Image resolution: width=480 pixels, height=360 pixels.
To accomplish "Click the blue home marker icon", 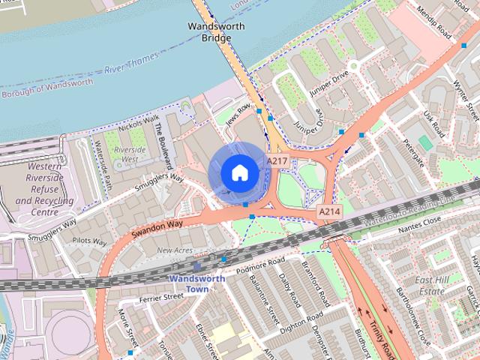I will (x=239, y=173).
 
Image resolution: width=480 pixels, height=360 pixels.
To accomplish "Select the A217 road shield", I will (x=276, y=160).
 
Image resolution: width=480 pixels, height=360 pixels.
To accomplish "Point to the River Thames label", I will (x=132, y=59).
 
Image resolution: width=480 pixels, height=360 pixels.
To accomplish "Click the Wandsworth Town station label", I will (x=196, y=283).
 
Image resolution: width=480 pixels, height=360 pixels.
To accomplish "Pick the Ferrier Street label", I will (x=161, y=298).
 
